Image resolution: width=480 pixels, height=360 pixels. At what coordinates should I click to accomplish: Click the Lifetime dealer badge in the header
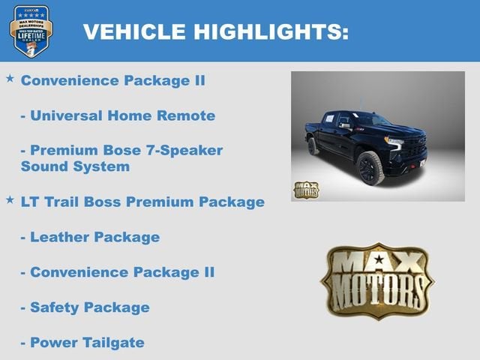[x=31, y=31]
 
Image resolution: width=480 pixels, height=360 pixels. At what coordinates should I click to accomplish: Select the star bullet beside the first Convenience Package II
[x=10, y=78]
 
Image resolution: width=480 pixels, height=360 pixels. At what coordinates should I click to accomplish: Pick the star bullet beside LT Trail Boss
[x=10, y=199]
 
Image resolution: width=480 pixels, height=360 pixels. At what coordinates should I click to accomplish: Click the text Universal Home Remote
[x=118, y=115]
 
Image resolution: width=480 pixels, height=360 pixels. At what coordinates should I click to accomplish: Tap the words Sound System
[x=75, y=166]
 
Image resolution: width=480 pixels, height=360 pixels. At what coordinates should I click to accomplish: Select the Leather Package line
[x=90, y=237]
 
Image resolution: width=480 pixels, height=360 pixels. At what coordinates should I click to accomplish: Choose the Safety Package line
[x=85, y=307]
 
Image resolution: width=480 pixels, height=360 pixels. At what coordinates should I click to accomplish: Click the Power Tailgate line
[x=82, y=343]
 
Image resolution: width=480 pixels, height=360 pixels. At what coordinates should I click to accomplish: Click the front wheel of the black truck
[x=371, y=167]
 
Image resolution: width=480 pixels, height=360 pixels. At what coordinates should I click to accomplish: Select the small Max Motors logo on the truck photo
[x=306, y=190]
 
